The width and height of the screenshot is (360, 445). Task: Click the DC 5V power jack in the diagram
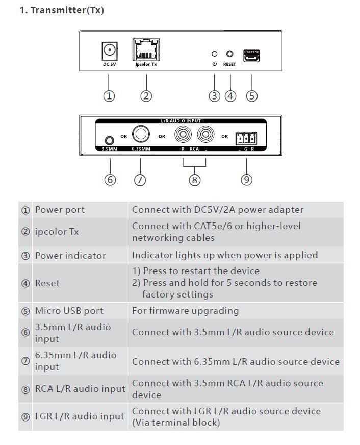click(x=109, y=51)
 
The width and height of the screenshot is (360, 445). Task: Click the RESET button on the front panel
click(x=230, y=53)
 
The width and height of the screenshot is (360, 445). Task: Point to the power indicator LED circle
click(x=215, y=53)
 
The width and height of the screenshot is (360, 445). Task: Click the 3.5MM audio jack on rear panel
click(x=108, y=140)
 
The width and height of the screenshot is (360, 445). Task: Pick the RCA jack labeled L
click(x=205, y=135)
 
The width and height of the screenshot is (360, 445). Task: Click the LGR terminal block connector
click(x=246, y=138)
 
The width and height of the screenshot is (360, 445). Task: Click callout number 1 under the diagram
click(x=109, y=95)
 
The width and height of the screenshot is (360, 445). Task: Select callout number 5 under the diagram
click(x=251, y=95)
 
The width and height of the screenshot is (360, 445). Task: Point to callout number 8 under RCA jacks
click(x=194, y=180)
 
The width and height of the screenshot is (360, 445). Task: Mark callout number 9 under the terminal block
click(x=246, y=180)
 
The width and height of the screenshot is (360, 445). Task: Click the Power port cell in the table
click(x=60, y=210)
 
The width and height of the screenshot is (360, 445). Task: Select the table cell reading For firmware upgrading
click(x=185, y=311)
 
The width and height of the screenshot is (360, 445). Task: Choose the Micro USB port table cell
click(x=69, y=311)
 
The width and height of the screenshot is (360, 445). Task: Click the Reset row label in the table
click(x=47, y=283)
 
